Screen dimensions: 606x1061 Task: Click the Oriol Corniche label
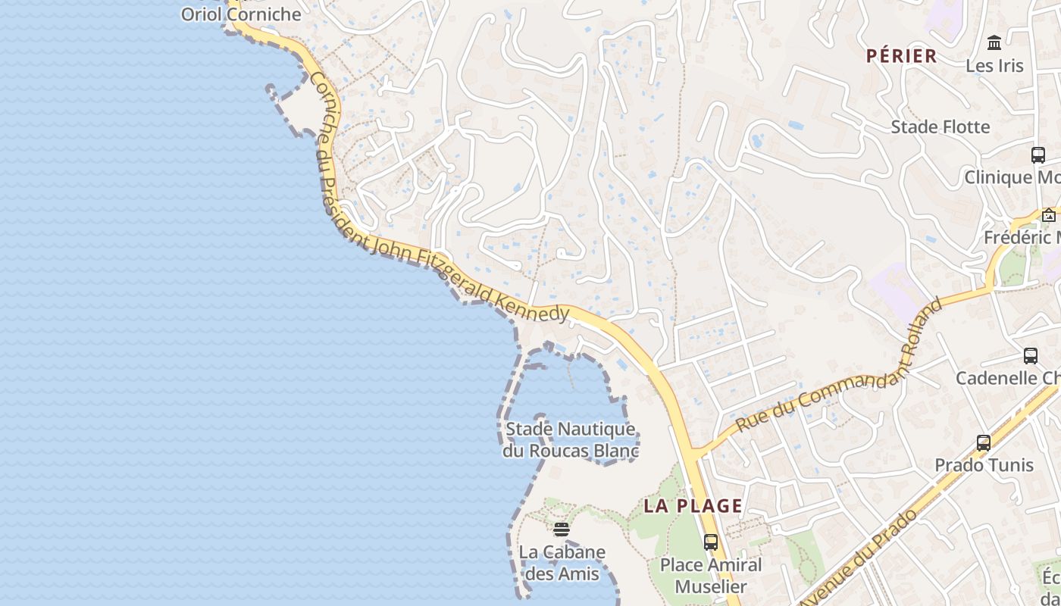click(x=241, y=14)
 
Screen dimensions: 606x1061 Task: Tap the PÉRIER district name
click(x=902, y=56)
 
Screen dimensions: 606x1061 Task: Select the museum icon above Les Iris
click(x=994, y=43)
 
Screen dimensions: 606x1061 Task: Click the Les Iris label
click(x=994, y=66)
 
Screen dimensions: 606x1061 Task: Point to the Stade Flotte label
click(x=941, y=127)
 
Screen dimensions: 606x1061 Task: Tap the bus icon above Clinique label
click(x=1038, y=155)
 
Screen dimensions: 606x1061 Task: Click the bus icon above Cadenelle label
click(x=1031, y=356)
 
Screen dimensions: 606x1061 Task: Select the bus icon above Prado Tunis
click(x=984, y=443)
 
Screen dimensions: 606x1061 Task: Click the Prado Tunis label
click(x=984, y=464)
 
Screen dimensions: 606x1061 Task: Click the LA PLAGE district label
click(x=693, y=506)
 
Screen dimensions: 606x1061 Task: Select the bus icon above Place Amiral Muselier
click(x=710, y=542)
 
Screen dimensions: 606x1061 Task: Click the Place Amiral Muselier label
click(x=710, y=576)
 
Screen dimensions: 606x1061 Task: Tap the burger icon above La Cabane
click(x=561, y=529)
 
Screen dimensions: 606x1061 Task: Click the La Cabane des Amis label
click(x=562, y=563)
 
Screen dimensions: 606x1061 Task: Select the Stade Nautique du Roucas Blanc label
click(x=571, y=440)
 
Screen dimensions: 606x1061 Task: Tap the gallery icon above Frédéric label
click(x=1049, y=216)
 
